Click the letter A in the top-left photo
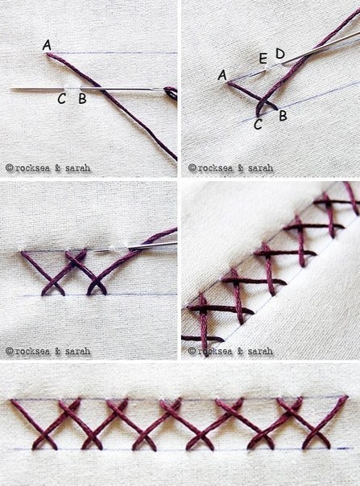click(x=47, y=45)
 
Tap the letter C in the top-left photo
click(x=61, y=99)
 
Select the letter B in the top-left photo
click(x=82, y=98)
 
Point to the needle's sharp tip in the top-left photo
click(x=10, y=89)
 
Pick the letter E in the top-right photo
click(x=263, y=58)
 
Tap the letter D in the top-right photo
click(x=280, y=54)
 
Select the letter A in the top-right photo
click(x=222, y=75)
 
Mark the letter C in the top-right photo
click(x=258, y=125)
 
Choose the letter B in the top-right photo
click(x=283, y=116)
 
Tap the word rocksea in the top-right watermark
click(x=215, y=168)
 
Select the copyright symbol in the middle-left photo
click(x=10, y=351)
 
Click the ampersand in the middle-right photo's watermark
click(x=240, y=351)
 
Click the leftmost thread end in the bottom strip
click(x=12, y=401)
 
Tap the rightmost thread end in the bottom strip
click(x=346, y=397)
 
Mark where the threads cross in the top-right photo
click(x=263, y=101)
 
